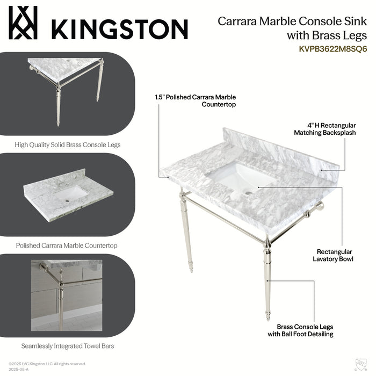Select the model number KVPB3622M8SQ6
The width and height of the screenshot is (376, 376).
click(332, 48)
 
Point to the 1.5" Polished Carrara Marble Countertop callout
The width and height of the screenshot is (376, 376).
click(195, 100)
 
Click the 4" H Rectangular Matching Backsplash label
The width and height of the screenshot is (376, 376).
click(324, 129)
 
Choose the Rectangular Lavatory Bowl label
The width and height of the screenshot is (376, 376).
click(334, 255)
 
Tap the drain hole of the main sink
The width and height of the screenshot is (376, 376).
click(248, 191)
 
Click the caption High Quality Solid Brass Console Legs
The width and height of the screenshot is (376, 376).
click(67, 144)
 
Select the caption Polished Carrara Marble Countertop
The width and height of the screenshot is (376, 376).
click(67, 245)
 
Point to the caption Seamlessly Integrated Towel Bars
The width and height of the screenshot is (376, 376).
click(67, 346)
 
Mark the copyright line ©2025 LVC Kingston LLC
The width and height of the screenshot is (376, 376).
click(47, 364)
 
